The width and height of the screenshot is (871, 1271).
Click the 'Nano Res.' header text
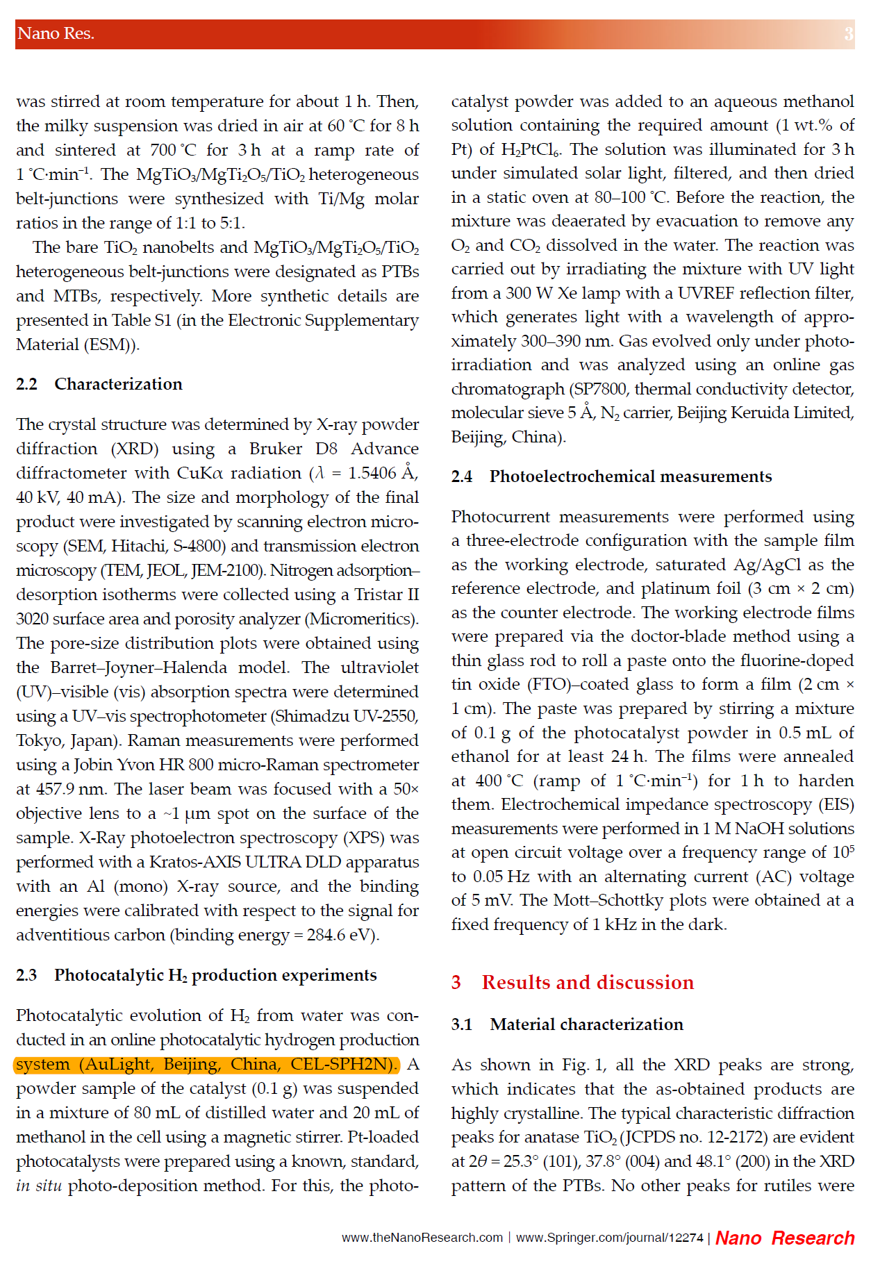point(56,33)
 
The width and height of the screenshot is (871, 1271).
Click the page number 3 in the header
point(848,33)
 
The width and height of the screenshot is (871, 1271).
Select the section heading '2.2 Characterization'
point(99,384)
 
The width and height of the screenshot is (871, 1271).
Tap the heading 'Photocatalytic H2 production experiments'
point(215,975)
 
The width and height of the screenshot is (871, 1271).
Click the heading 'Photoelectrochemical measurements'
point(630,476)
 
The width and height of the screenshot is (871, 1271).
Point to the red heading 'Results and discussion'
point(588,982)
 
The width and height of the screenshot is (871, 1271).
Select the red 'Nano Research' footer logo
point(785,1238)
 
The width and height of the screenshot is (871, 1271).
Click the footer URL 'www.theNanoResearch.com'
point(422,1238)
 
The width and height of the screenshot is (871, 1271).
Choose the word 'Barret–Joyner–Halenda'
point(139,667)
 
